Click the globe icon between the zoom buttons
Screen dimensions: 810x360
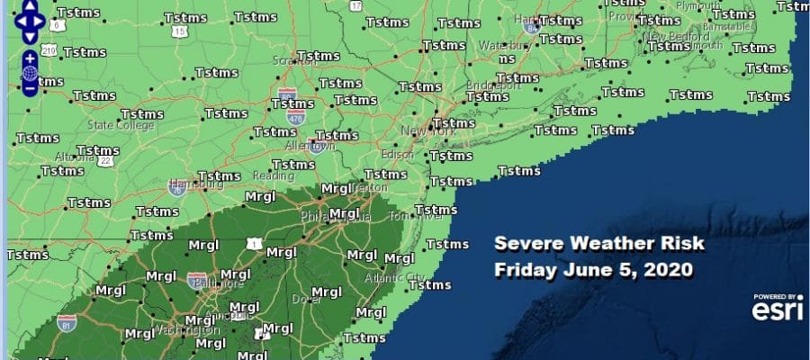(31, 74)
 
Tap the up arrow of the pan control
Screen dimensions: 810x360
(31, 5)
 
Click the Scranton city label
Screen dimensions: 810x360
(294, 64)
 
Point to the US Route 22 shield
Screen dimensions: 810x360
(105, 160)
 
